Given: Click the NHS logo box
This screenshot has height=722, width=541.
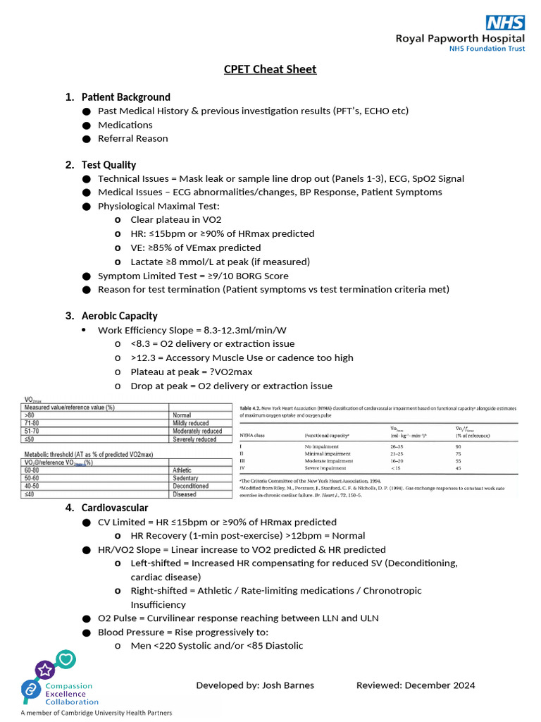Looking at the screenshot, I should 504,22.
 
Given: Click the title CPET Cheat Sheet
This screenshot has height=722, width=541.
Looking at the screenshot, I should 270,69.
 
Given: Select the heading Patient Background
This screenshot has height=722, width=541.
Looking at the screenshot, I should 125,97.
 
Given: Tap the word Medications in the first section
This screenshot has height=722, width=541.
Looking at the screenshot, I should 125,125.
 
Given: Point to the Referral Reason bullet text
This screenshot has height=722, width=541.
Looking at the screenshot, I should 132,138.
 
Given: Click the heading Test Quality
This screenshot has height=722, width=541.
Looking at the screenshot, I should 108,164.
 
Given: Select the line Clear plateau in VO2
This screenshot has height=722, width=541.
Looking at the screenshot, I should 175,219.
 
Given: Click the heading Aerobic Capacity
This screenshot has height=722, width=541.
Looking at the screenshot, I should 119,316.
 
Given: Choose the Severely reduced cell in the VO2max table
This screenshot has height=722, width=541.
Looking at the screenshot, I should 194,439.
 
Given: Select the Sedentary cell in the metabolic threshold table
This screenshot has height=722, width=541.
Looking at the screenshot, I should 187,478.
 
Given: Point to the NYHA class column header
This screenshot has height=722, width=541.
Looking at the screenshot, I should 254,436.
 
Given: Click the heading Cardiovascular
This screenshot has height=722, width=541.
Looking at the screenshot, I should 115,508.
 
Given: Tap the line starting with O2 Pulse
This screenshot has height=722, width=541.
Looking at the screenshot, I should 238,618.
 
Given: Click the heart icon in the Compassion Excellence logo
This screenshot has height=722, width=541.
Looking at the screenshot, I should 66,660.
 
